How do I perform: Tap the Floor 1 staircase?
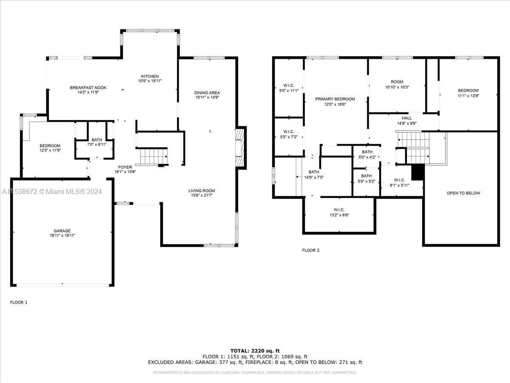(x=152, y=156)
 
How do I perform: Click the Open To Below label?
(x=463, y=193)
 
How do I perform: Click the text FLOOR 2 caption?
(x=311, y=250)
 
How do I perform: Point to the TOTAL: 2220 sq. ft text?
(x=255, y=351)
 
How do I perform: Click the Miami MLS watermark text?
(x=52, y=192)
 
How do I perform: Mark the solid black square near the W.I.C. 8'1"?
(x=418, y=172)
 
